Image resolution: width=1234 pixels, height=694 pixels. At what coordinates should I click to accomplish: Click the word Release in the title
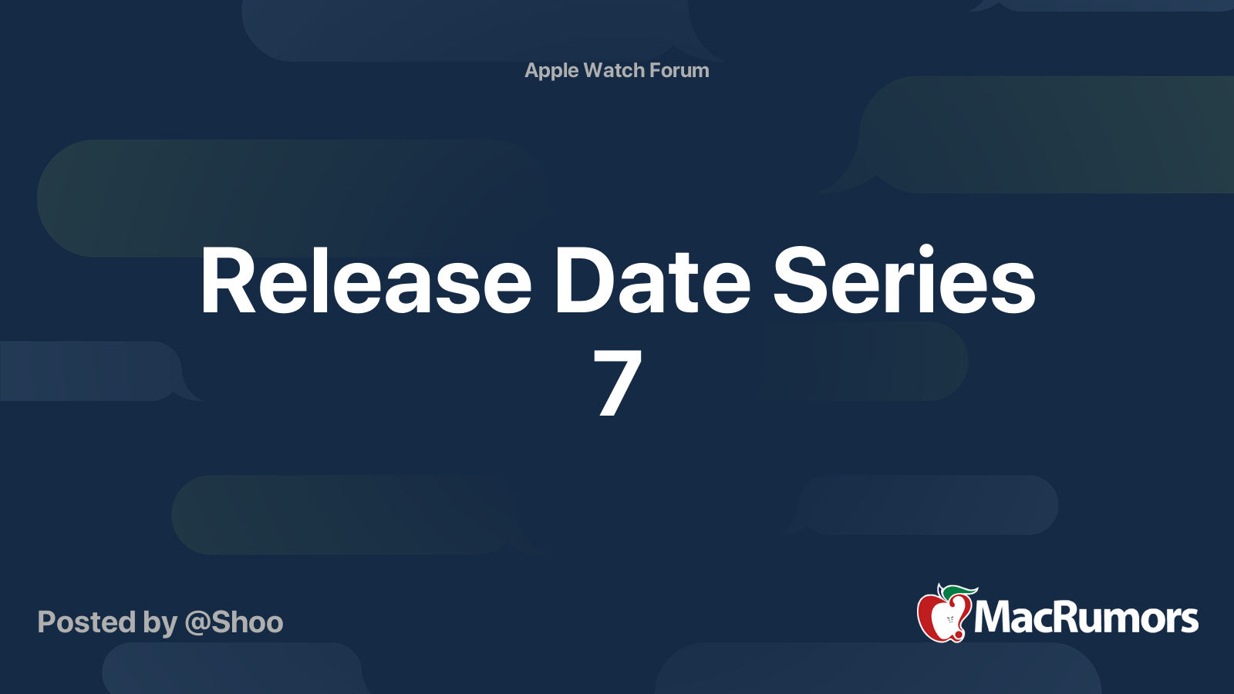(x=366, y=280)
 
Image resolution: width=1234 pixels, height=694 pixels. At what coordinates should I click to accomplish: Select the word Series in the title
(x=904, y=280)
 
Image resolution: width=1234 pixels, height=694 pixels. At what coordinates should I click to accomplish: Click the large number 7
(x=618, y=382)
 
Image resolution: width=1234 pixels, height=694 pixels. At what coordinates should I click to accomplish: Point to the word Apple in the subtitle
(x=551, y=71)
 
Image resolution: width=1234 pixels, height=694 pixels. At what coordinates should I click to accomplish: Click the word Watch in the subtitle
(x=614, y=70)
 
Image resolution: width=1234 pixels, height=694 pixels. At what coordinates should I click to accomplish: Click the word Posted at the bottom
(x=87, y=622)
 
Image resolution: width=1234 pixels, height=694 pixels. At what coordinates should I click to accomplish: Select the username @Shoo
(x=234, y=622)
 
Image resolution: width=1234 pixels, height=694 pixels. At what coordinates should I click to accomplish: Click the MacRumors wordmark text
(x=1086, y=618)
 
